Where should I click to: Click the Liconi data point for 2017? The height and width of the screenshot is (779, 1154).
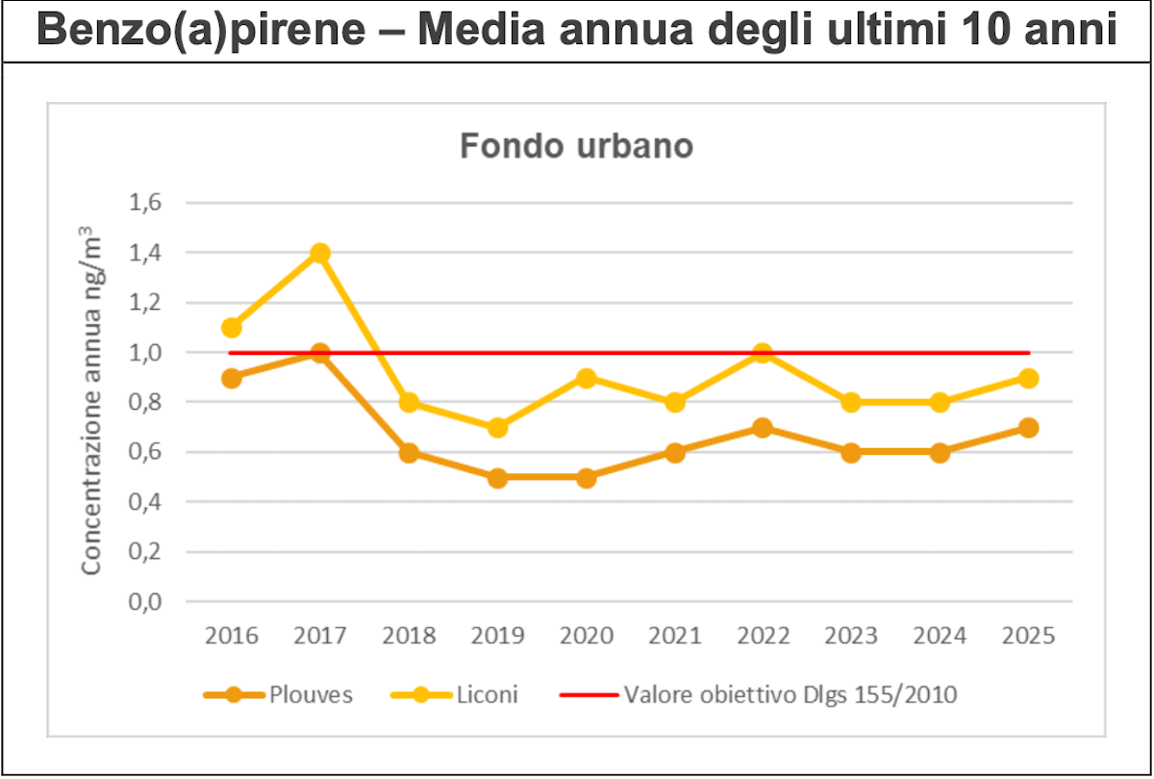tap(320, 253)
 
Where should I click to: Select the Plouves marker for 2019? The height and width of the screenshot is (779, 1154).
tap(497, 478)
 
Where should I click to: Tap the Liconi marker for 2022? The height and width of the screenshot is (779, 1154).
tap(763, 353)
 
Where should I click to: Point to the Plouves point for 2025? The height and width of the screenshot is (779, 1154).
tap(1028, 428)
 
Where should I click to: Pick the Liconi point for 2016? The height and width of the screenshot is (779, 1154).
tap(232, 328)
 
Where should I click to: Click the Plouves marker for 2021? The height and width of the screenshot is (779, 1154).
tap(674, 453)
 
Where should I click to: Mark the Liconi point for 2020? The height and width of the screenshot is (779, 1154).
tap(586, 378)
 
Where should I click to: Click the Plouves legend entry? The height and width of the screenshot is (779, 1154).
tap(278, 694)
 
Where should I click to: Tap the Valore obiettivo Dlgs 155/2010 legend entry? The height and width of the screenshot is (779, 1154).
tap(759, 694)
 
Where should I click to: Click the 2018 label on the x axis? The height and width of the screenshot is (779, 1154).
tap(409, 636)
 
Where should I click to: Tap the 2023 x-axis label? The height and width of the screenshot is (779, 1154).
tap(851, 636)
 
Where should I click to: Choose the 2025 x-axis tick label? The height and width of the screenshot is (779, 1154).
tap(1028, 636)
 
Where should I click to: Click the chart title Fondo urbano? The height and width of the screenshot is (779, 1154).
tap(576, 147)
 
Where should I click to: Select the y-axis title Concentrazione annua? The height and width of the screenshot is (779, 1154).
tap(90, 402)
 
